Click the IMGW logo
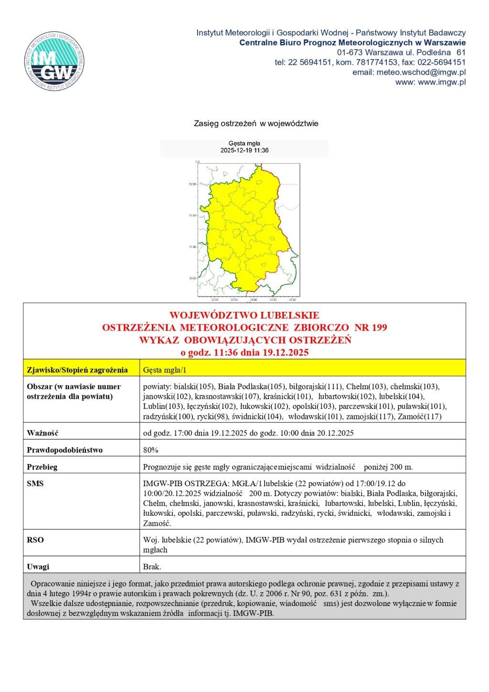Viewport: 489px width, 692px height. (54, 62)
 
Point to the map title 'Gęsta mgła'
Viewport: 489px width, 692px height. (244, 143)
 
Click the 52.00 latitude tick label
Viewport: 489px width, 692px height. (193, 184)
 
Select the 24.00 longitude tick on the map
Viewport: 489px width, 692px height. (292, 300)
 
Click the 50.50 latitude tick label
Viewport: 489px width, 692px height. (193, 278)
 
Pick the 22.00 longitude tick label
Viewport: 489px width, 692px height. (214, 300)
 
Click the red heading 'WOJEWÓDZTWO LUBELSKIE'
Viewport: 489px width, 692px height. (244, 315)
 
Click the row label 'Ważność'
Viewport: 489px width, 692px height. (43, 433)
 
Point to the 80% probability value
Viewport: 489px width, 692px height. (150, 450)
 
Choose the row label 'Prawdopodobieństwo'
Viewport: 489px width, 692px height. (64, 450)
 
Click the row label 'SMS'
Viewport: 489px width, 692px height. (35, 483)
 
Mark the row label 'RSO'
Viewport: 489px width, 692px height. (35, 540)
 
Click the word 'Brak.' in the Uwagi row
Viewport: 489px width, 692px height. (152, 567)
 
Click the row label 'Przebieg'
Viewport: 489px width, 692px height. (42, 467)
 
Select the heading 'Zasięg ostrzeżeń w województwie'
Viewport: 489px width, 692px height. (256, 123)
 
